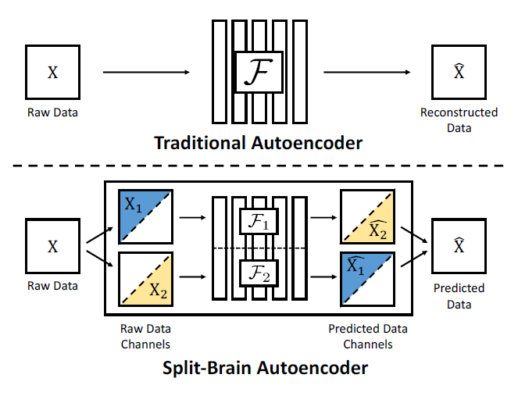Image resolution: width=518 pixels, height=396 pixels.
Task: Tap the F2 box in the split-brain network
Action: tap(258, 274)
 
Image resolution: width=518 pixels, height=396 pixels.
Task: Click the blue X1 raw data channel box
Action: tap(145, 216)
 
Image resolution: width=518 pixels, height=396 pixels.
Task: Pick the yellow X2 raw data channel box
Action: tap(145, 279)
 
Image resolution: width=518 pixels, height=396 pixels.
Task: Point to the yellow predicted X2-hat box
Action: tap(367, 216)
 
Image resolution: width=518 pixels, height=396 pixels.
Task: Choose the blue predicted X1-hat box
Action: tap(367, 279)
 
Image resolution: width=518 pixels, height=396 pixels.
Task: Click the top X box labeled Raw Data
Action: tap(53, 73)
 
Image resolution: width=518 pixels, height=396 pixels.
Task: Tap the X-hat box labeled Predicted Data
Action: tap(459, 246)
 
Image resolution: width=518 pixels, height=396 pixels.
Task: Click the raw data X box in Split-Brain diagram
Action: tap(53, 246)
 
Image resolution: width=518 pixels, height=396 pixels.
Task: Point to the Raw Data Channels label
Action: tap(145, 336)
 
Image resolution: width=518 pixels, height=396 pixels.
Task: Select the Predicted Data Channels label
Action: tap(367, 336)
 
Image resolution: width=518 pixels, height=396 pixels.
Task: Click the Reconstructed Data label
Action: tap(459, 120)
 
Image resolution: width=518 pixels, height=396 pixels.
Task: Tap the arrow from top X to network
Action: tap(146, 73)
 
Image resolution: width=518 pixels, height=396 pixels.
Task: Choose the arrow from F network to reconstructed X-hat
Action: tap(369, 73)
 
